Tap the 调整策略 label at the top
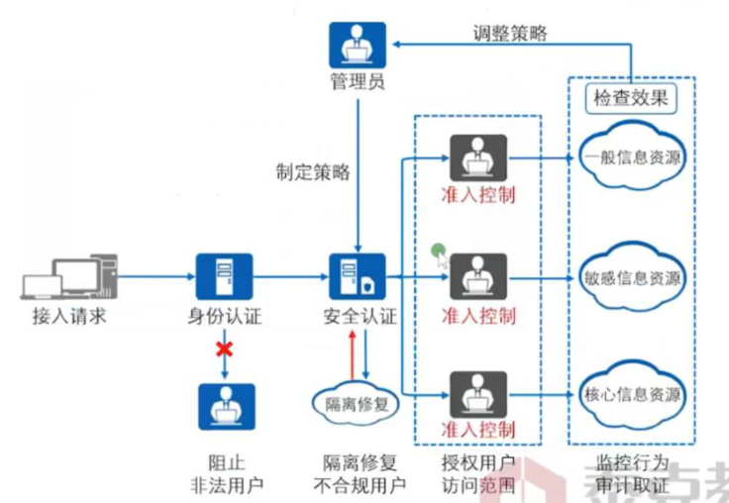(x=509, y=33)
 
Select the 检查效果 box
(x=630, y=97)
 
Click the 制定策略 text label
(x=313, y=172)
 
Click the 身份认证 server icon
(x=225, y=276)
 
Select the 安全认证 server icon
(x=357, y=276)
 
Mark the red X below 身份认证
(x=225, y=350)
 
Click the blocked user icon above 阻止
(x=225, y=406)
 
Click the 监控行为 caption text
(x=633, y=463)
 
